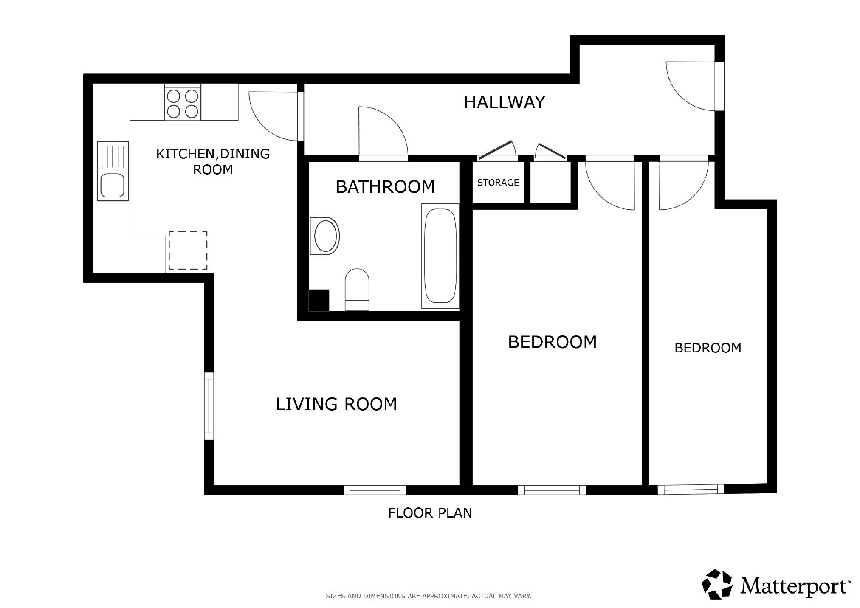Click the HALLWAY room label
(504, 102)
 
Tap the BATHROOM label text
(385, 187)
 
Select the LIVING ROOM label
(336, 404)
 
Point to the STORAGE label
(498, 183)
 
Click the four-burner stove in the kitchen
(183, 102)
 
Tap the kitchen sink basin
(112, 186)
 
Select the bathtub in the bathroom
(440, 256)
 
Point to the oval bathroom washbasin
(325, 236)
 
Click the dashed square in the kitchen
(188, 251)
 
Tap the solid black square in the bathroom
(319, 300)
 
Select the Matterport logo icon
(717, 585)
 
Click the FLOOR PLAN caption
(430, 513)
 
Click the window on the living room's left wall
(209, 406)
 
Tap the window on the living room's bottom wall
(375, 490)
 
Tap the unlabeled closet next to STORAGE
(550, 183)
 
